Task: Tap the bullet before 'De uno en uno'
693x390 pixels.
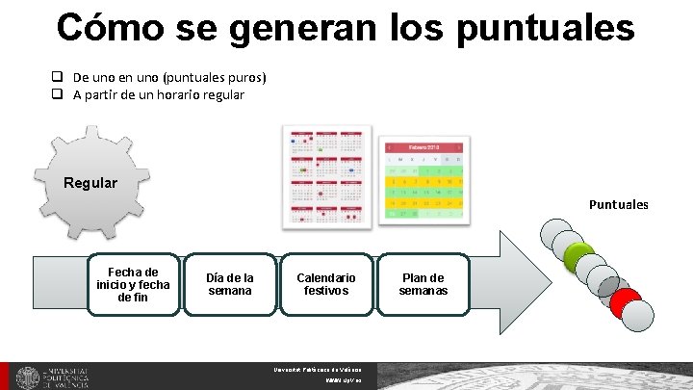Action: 58,77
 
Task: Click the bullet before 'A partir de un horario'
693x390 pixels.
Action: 58,94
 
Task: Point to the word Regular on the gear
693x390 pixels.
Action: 90,183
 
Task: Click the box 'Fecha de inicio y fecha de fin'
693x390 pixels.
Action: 133,284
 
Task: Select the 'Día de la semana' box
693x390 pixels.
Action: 230,284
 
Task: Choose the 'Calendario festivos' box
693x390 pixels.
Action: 326,284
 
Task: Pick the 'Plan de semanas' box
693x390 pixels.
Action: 423,284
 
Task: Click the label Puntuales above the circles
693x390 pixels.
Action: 619,204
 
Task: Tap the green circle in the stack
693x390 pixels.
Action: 579,256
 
